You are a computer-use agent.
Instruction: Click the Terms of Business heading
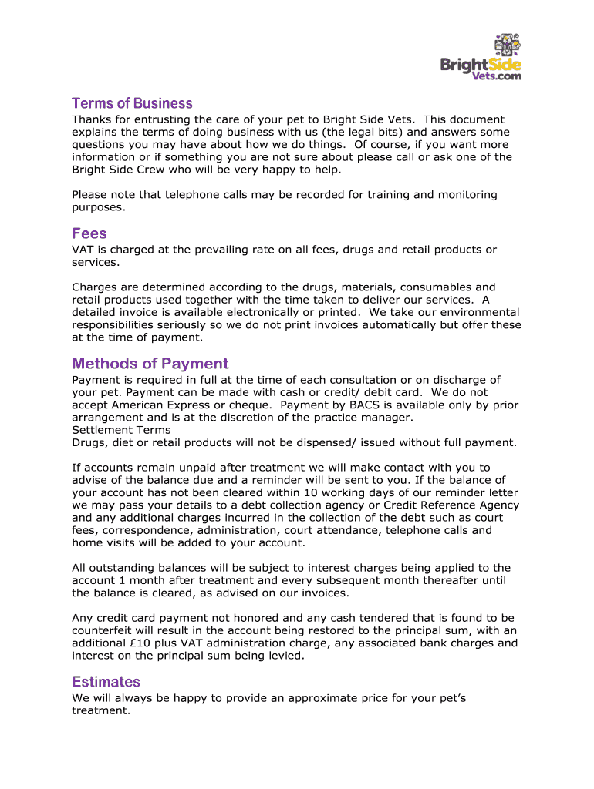click(132, 103)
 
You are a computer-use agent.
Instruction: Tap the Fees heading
click(89, 233)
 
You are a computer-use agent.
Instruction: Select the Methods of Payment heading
click(150, 364)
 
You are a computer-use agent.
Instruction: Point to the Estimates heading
click(106, 682)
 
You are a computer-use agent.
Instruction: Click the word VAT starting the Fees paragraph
click(83, 250)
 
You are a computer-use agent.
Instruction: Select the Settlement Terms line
click(121, 430)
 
